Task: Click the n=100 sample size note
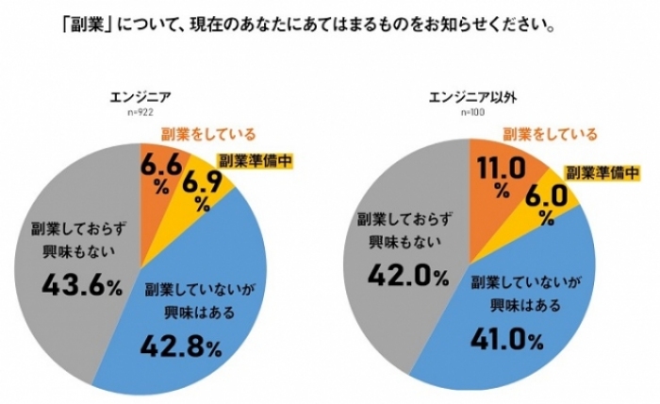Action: (x=471, y=112)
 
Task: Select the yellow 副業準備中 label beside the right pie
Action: (x=602, y=174)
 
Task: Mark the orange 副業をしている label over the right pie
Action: (x=550, y=134)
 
